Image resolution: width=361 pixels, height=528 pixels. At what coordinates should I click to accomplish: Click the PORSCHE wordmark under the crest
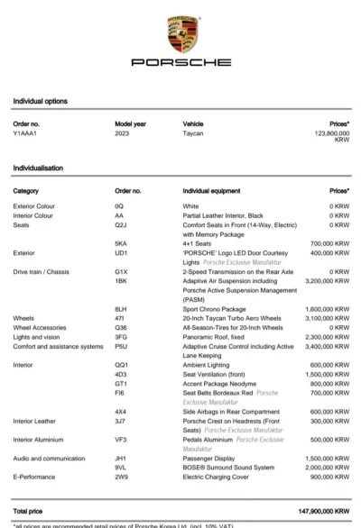(x=180, y=63)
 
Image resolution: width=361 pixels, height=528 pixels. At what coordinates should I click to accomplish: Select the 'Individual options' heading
(x=40, y=101)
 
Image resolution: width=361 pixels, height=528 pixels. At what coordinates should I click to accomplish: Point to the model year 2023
(x=124, y=132)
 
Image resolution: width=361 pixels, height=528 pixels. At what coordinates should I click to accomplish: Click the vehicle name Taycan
(x=193, y=132)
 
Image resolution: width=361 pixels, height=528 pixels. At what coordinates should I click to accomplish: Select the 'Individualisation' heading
(x=40, y=168)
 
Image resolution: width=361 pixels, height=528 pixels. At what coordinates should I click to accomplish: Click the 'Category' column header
(x=26, y=191)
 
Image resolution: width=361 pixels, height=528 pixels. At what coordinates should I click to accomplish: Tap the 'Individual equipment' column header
(x=215, y=191)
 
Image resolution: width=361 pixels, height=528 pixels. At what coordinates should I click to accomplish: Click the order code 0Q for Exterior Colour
(x=119, y=206)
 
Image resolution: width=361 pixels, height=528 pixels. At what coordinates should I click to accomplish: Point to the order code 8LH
(x=121, y=308)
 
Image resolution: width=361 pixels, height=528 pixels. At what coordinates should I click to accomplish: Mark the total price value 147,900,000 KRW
(x=320, y=510)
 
